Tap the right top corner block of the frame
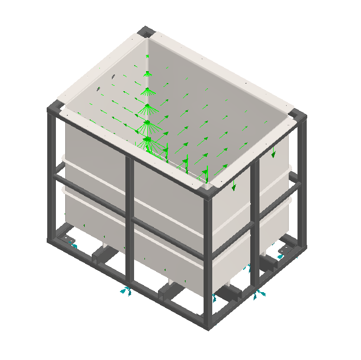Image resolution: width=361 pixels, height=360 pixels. pyautogui.click(x=298, y=116)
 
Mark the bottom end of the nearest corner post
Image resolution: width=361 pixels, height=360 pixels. pyautogui.click(x=208, y=326)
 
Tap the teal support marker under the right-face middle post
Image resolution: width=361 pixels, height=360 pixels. pyautogui.click(x=257, y=294)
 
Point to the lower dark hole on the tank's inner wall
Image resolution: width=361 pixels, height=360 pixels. pyautogui.click(x=98, y=88)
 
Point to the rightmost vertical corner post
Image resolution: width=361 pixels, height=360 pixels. pyautogui.click(x=302, y=179)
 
